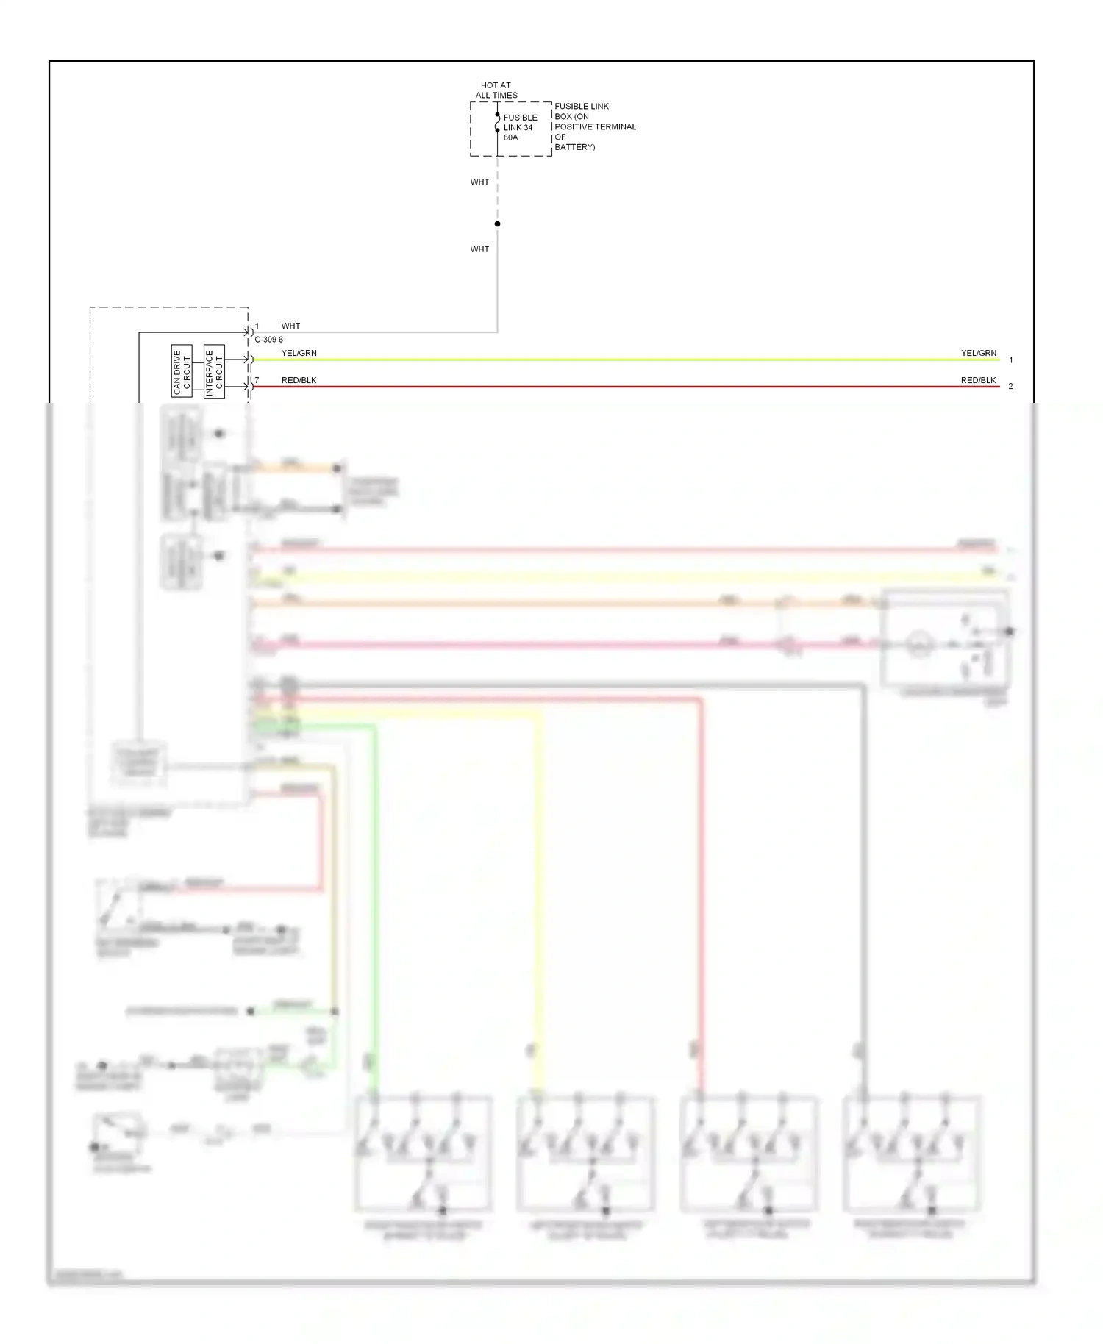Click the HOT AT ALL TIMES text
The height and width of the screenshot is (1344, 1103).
[x=496, y=90]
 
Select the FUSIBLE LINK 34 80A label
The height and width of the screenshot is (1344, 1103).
[x=520, y=127]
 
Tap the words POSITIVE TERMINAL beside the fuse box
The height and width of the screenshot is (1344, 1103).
[x=595, y=126]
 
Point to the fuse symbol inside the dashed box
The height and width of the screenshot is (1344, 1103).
[x=498, y=123]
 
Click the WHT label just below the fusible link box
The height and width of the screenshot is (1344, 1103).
[x=479, y=182]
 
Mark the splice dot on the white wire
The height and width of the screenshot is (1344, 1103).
[x=498, y=224]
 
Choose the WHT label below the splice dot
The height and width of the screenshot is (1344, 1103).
[x=479, y=249]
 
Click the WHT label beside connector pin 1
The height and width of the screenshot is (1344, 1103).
[x=290, y=326]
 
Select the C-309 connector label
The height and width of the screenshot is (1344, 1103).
[x=268, y=340]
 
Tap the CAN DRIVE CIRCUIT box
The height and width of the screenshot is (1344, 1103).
[x=182, y=371]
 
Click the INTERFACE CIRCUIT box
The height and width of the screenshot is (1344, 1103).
[x=214, y=371]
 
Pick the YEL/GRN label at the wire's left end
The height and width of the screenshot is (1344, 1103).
[x=299, y=353]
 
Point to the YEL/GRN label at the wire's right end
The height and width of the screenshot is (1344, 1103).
[x=979, y=353]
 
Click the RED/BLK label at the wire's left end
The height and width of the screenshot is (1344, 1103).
[x=299, y=380]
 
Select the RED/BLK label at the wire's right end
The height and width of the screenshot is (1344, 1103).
[x=978, y=380]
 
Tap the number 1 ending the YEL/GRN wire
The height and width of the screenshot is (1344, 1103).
[x=1011, y=360]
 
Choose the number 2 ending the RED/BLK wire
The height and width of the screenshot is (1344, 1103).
[x=1011, y=387]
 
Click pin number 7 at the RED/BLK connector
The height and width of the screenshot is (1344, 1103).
[x=257, y=380]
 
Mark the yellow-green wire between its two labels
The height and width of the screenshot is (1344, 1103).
[x=625, y=360]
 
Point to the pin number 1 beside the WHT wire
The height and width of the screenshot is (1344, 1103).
[x=257, y=326]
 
